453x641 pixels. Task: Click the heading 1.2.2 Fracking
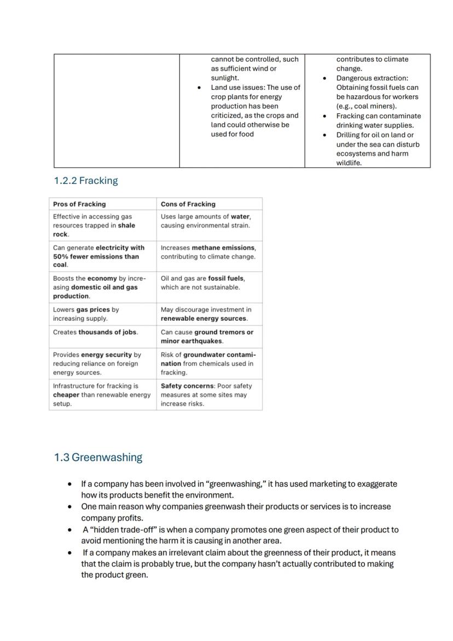tap(86, 181)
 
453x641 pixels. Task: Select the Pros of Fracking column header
tap(79, 204)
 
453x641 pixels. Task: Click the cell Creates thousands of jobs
tap(96, 332)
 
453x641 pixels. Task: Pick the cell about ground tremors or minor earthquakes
tap(207, 337)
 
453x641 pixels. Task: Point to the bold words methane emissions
tap(223, 247)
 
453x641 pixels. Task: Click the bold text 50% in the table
tap(61, 256)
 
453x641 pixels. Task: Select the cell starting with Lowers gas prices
tap(86, 314)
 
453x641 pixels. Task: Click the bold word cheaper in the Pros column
tap(66, 395)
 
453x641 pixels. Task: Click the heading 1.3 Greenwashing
tap(98, 458)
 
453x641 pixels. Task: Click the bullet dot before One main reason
tap(69, 507)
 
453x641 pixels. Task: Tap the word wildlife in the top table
tap(349, 163)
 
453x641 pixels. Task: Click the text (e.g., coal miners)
tap(366, 106)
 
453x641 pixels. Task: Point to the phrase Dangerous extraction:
tap(372, 78)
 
